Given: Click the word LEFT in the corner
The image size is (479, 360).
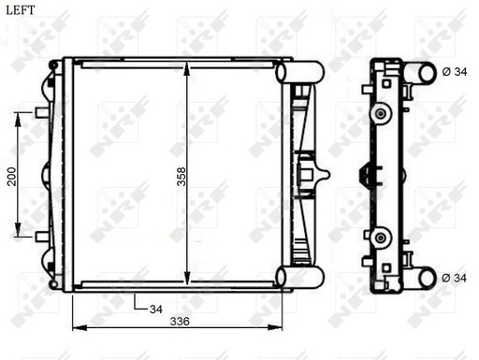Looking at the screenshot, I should [x=21, y=10].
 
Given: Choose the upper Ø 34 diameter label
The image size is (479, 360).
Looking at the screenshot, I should [x=454, y=72].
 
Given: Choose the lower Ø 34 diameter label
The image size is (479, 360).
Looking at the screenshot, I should [x=454, y=278].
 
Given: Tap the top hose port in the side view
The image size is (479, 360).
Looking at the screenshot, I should [x=426, y=72].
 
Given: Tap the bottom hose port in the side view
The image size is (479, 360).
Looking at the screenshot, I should [x=426, y=277].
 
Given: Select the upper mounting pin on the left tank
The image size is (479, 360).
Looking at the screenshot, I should [x=40, y=112].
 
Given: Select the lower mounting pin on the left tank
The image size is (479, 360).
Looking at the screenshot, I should [x=40, y=237].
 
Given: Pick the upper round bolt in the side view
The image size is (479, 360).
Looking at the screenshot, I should [x=381, y=113].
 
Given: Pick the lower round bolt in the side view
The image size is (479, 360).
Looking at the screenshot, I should [x=381, y=237].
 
